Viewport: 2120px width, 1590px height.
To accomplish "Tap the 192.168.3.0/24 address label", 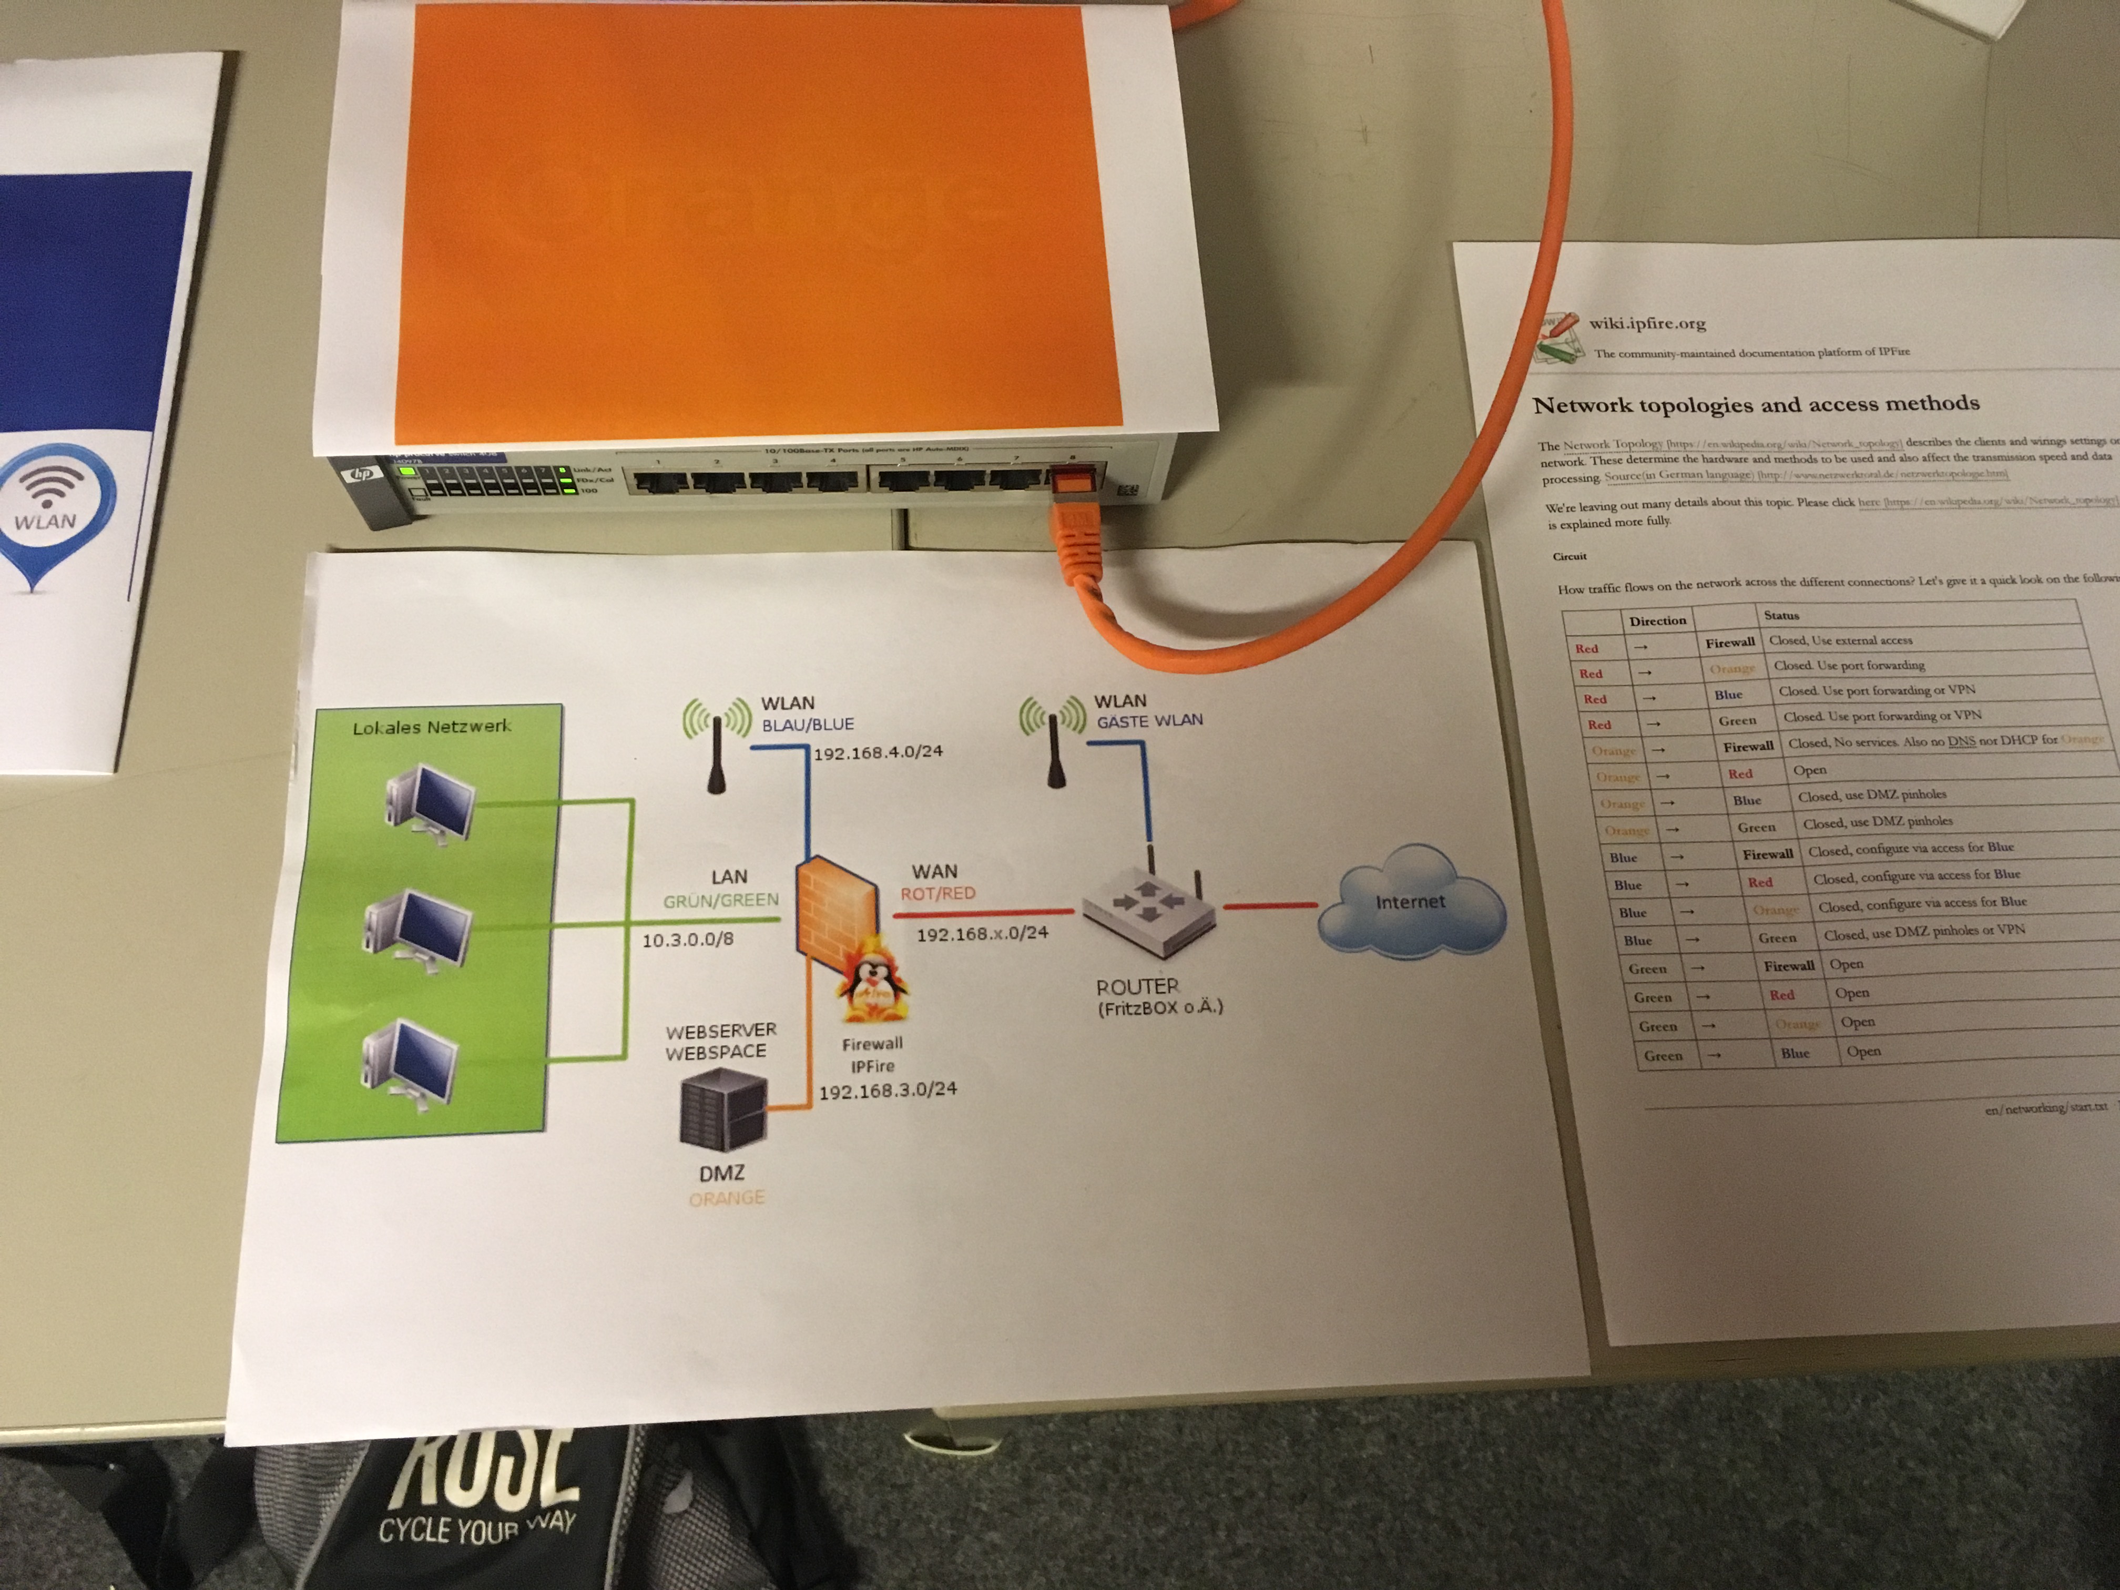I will point(888,1090).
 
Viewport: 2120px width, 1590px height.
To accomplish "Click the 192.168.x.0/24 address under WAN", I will point(982,933).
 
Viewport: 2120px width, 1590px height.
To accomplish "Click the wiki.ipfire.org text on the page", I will point(1647,323).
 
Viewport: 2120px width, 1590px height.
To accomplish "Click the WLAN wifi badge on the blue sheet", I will point(48,503).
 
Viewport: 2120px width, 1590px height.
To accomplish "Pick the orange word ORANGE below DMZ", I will point(727,1198).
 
